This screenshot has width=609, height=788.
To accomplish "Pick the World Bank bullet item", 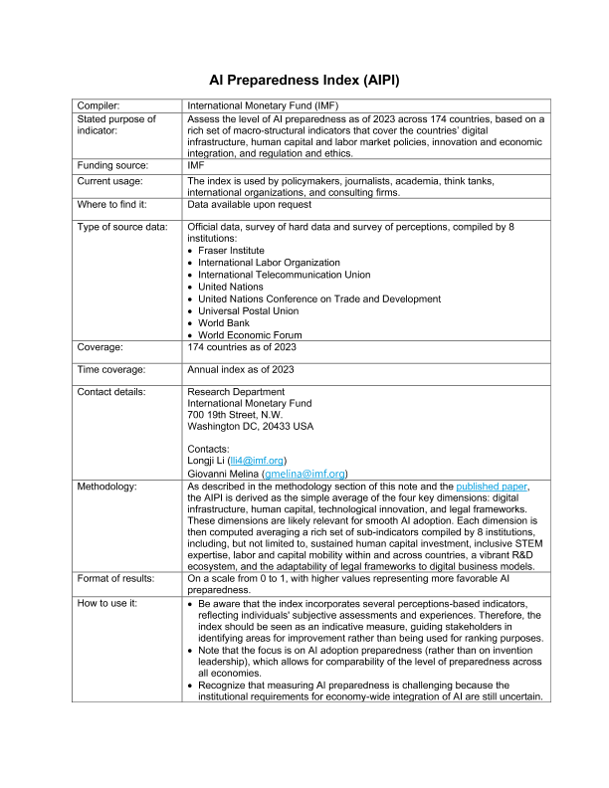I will (227, 323).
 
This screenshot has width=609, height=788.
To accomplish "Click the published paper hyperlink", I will (506, 485).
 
